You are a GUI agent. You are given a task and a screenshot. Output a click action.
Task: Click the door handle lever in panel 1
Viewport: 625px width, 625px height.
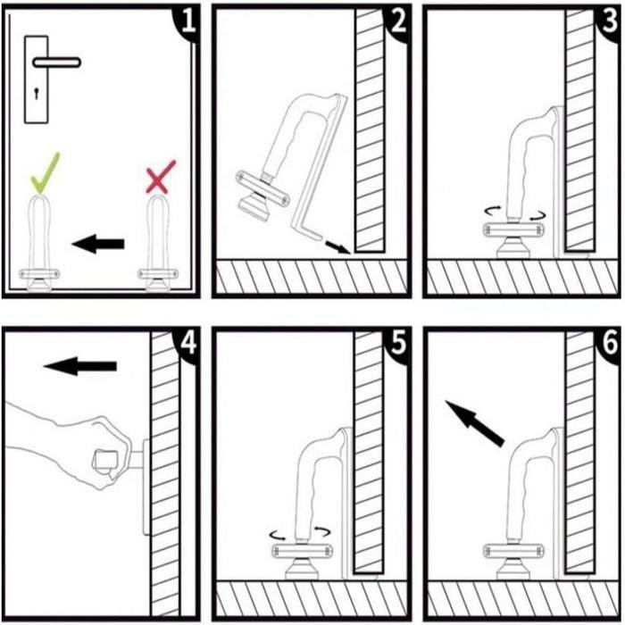[55, 62]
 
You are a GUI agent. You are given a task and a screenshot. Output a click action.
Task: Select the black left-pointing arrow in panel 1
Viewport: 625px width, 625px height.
[97, 242]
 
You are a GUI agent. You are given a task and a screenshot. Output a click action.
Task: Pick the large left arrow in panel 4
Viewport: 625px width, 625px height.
[80, 365]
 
